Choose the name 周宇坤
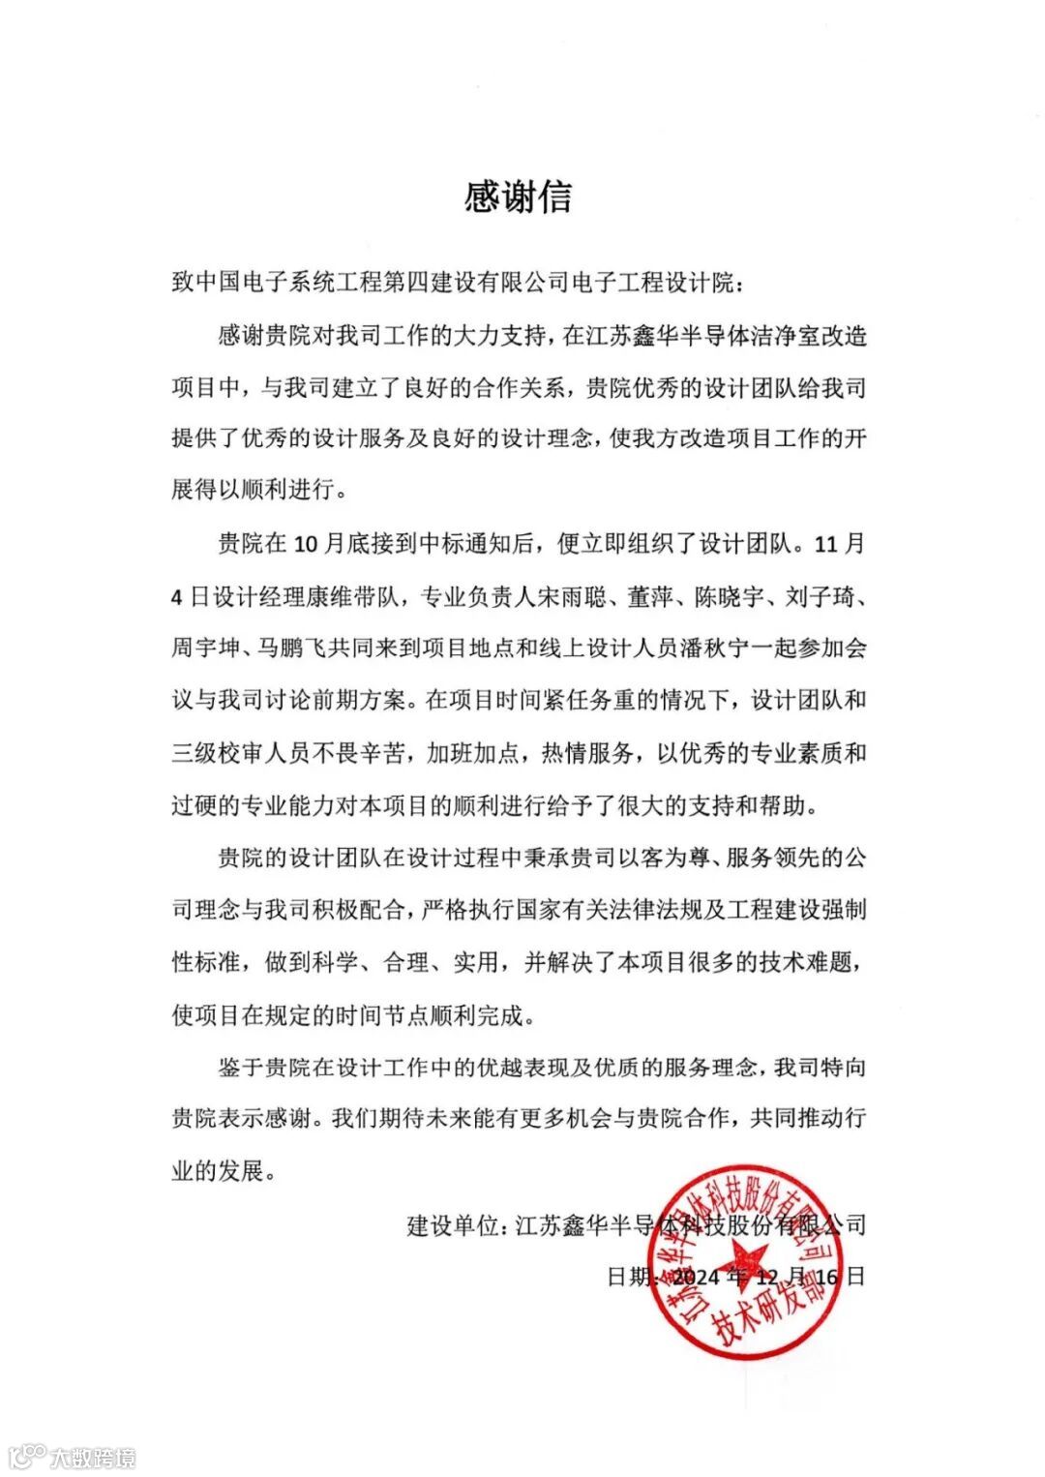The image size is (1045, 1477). point(206,648)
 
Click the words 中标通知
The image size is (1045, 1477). point(474,544)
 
